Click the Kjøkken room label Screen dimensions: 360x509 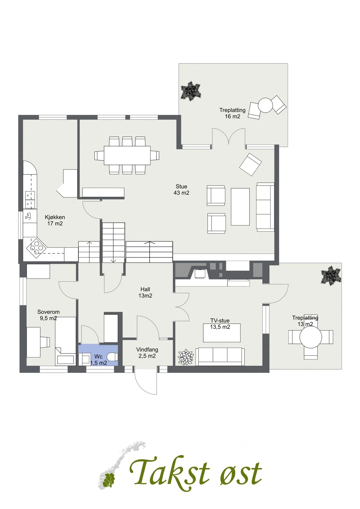[x=55, y=220]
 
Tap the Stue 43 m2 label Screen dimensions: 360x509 [x=182, y=190]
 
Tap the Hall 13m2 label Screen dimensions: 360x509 [x=145, y=292]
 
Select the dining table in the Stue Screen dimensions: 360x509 [x=127, y=155]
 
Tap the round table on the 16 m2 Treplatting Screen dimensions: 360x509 [x=265, y=105]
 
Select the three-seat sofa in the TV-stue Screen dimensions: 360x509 [x=220, y=357]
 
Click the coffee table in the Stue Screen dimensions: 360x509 [x=240, y=207]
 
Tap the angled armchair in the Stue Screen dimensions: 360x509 [x=251, y=165]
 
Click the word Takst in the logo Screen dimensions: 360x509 [x=170, y=473]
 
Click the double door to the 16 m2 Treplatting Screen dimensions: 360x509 [x=228, y=137]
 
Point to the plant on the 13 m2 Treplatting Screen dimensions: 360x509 [x=331, y=276]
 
